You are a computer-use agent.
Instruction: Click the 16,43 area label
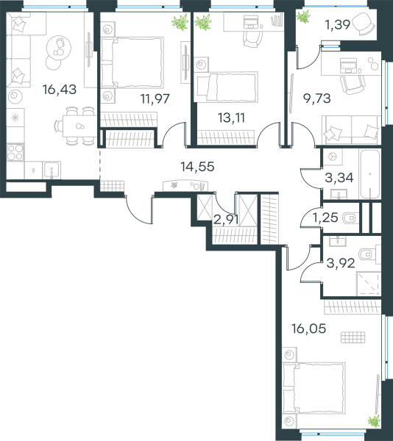60,90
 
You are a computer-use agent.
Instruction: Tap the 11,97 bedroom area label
155,98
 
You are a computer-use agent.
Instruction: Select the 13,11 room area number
231,118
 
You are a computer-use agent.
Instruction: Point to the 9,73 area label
316,98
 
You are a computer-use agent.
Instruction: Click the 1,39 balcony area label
338,25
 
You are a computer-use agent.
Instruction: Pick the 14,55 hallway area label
197,167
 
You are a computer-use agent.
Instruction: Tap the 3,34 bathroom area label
339,178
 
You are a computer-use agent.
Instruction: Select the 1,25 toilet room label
325,218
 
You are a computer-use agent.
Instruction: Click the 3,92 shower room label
341,264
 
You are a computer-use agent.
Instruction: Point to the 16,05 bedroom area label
309,329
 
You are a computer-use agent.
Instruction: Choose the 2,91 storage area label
226,220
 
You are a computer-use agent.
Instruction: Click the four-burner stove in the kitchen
15,152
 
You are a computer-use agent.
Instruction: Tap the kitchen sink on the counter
52,170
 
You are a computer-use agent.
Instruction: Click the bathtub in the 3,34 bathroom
369,174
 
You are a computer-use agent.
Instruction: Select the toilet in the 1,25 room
349,218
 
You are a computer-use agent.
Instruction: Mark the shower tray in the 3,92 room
369,284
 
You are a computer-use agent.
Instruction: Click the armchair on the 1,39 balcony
363,24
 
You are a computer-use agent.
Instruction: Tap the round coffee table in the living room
59,47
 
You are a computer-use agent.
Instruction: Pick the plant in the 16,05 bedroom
374,421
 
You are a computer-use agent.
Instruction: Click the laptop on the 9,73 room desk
348,65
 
